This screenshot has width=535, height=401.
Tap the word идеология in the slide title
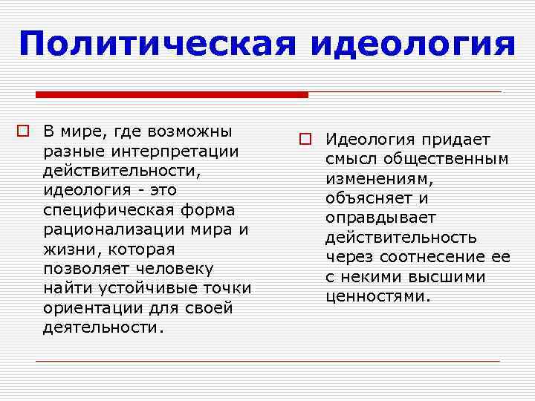click(412, 44)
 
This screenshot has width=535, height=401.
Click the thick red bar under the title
click(172, 94)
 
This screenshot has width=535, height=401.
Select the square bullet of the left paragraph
click(25, 132)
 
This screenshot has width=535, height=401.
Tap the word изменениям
click(377, 179)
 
